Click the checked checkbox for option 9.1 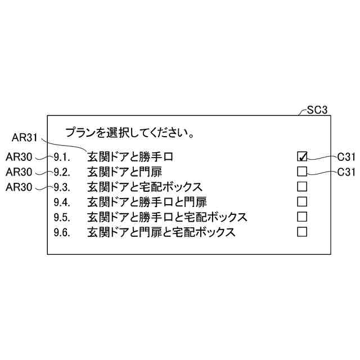[x=302, y=156]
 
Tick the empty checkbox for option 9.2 [x=302, y=171]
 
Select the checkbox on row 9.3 [x=302, y=186]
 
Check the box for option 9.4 [x=302, y=201]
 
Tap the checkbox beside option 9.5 [x=302, y=217]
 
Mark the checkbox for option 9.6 [x=302, y=231]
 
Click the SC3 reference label [x=317, y=110]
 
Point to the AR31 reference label [x=25, y=138]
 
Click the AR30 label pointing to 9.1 [x=18, y=156]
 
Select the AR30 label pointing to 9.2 [x=18, y=172]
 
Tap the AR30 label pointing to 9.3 [x=18, y=187]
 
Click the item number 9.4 [x=62, y=202]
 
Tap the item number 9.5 [x=62, y=217]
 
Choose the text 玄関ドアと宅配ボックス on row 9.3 [x=145, y=187]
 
